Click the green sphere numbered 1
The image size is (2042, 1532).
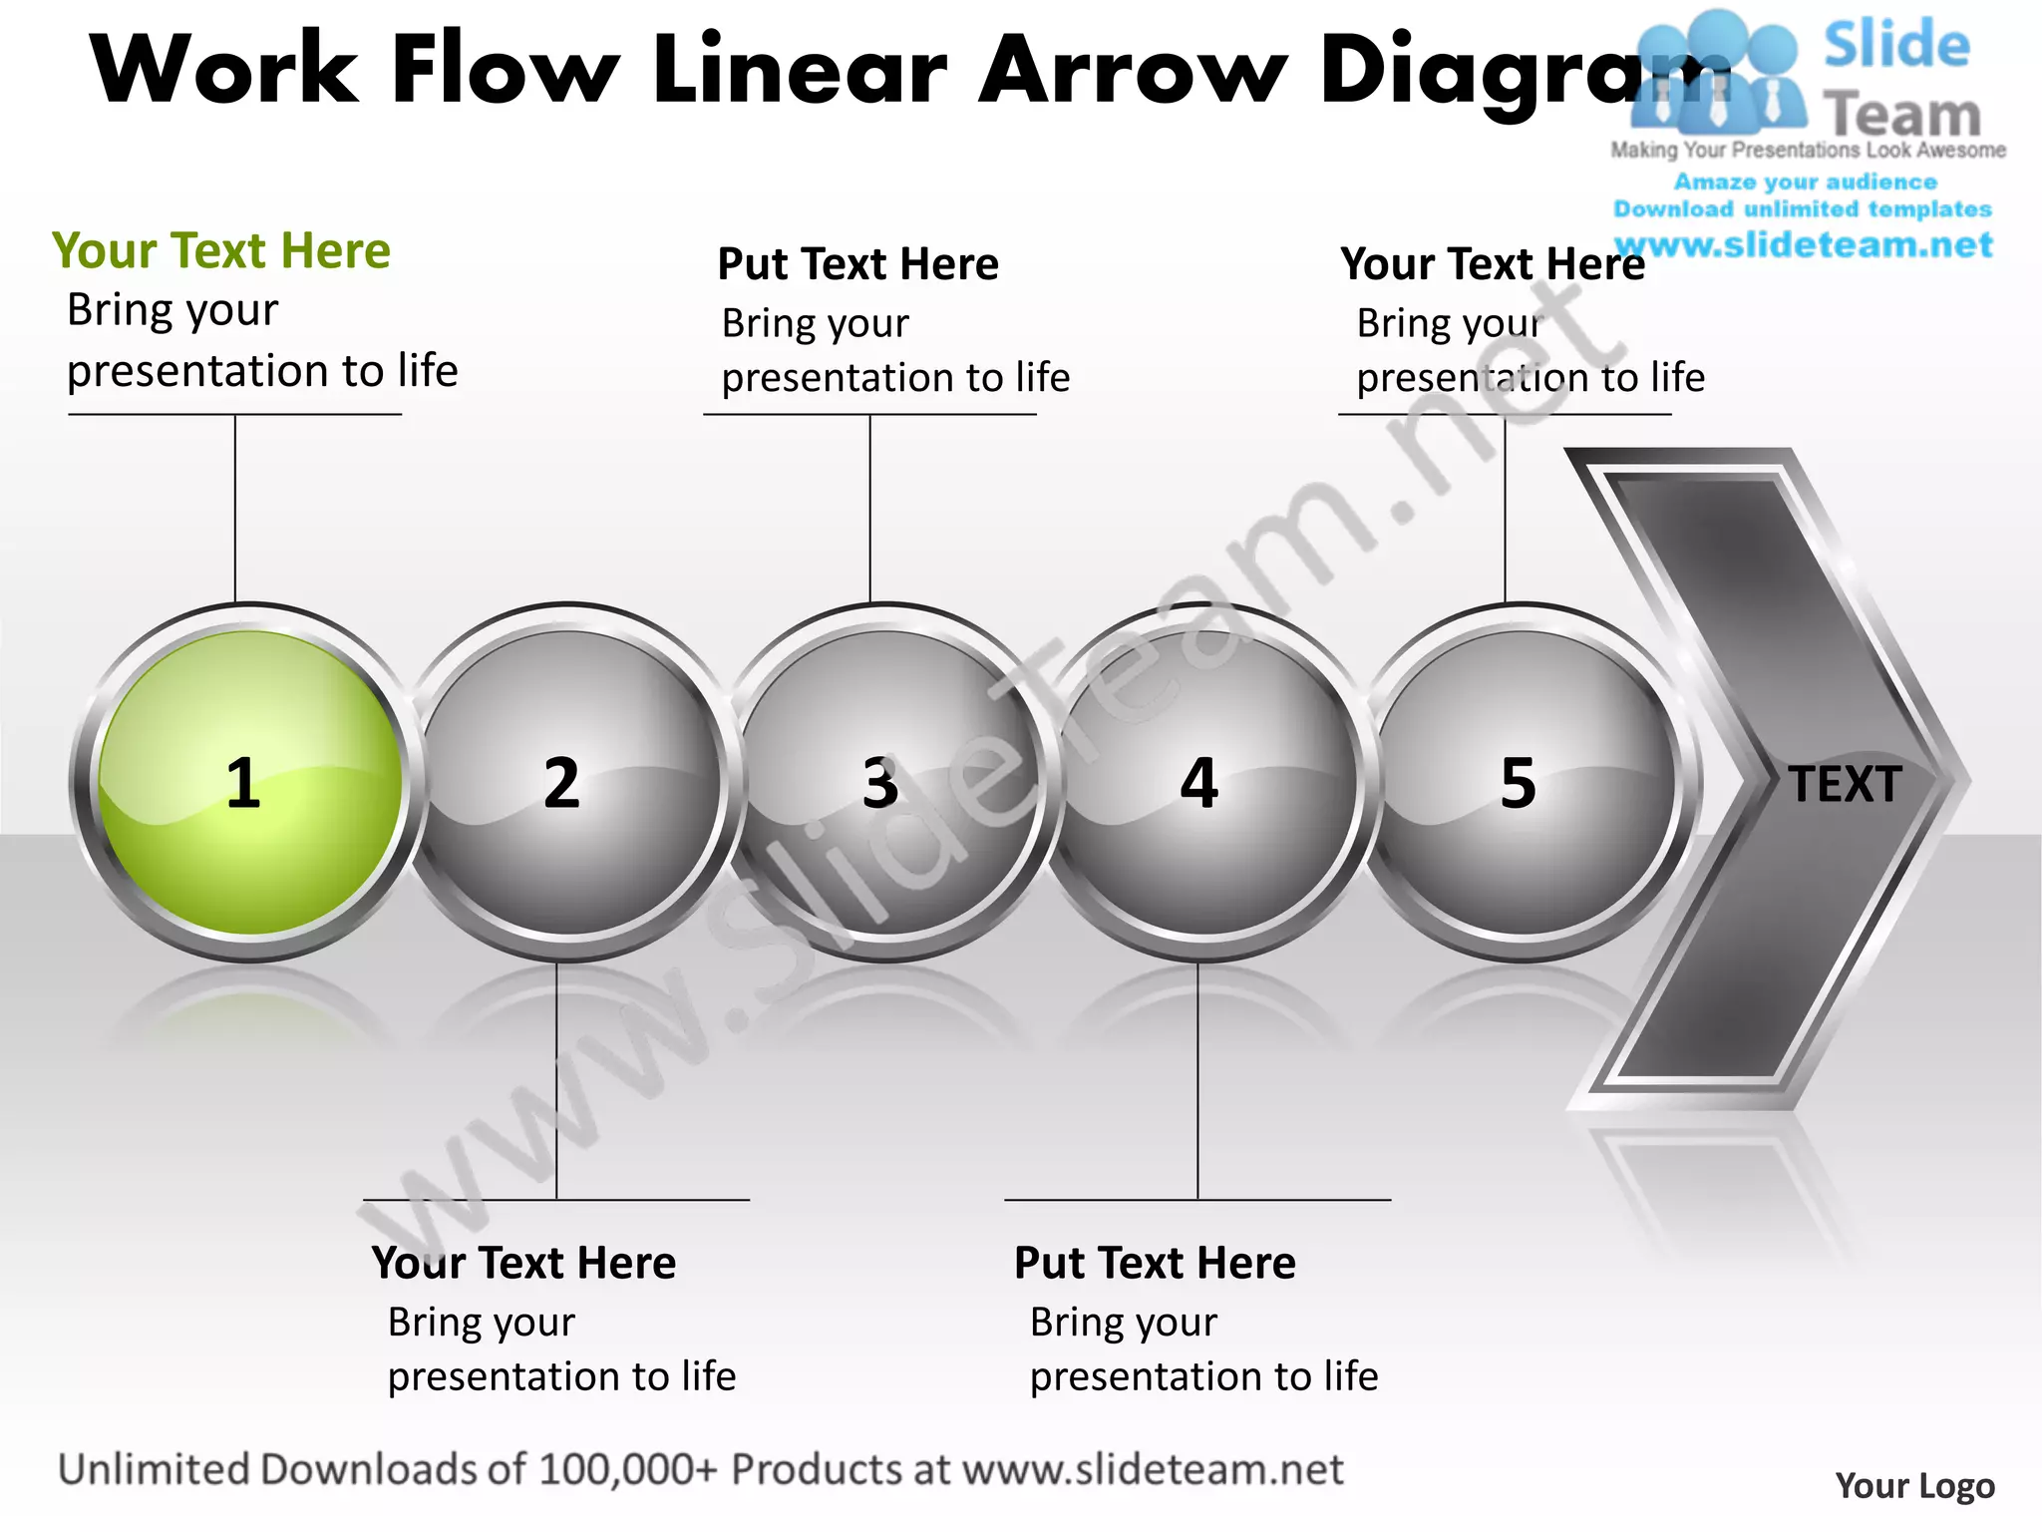(x=249, y=783)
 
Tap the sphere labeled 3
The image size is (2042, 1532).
(x=885, y=783)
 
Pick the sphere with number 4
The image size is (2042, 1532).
(x=1203, y=783)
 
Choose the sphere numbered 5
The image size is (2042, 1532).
(x=1523, y=783)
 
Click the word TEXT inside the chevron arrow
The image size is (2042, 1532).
(x=1845, y=785)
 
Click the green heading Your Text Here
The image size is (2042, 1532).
(x=221, y=250)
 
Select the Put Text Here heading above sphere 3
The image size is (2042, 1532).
(x=857, y=264)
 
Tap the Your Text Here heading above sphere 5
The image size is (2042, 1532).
(x=1492, y=264)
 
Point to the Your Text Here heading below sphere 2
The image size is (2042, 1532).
(x=523, y=1263)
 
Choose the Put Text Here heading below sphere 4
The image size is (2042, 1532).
(x=1155, y=1263)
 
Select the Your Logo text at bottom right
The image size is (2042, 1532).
(x=1914, y=1486)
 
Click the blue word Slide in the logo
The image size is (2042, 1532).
(x=1896, y=45)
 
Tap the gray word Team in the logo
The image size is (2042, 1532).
(x=1902, y=115)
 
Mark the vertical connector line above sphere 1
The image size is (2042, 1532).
(x=235, y=509)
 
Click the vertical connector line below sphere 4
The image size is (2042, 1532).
(x=1197, y=1082)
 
